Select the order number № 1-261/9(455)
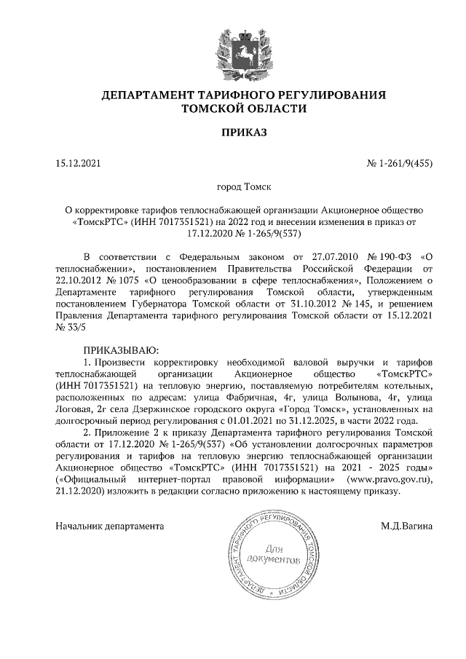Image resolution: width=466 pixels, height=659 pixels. (399, 164)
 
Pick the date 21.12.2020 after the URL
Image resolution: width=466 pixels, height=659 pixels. (79, 492)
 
